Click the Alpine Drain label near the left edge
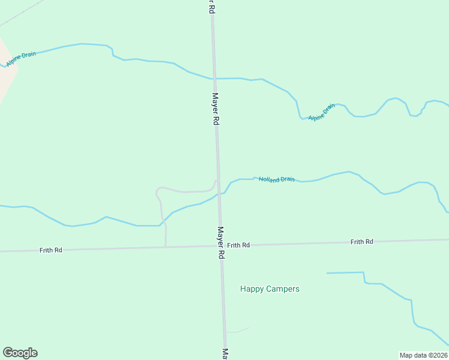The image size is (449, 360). pyautogui.click(x=21, y=58)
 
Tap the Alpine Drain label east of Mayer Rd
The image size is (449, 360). pyautogui.click(x=322, y=112)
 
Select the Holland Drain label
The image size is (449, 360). pyautogui.click(x=277, y=179)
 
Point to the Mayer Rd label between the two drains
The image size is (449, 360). pyautogui.click(x=215, y=109)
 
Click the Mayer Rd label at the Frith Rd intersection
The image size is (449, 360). pyautogui.click(x=221, y=242)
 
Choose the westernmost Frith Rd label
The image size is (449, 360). pyautogui.click(x=51, y=250)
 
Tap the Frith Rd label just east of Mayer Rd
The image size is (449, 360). pyautogui.click(x=238, y=245)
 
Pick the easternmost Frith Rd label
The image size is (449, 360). pyautogui.click(x=362, y=241)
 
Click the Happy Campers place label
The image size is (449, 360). pyautogui.click(x=270, y=289)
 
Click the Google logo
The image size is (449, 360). pyautogui.click(x=20, y=353)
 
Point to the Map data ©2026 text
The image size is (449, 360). pyautogui.click(x=423, y=355)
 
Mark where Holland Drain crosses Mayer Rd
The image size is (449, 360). pyautogui.click(x=219, y=194)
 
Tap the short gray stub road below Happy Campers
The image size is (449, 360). pyautogui.click(x=238, y=330)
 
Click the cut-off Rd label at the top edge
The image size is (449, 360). pyautogui.click(x=211, y=6)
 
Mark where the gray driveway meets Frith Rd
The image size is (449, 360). pyautogui.click(x=166, y=246)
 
